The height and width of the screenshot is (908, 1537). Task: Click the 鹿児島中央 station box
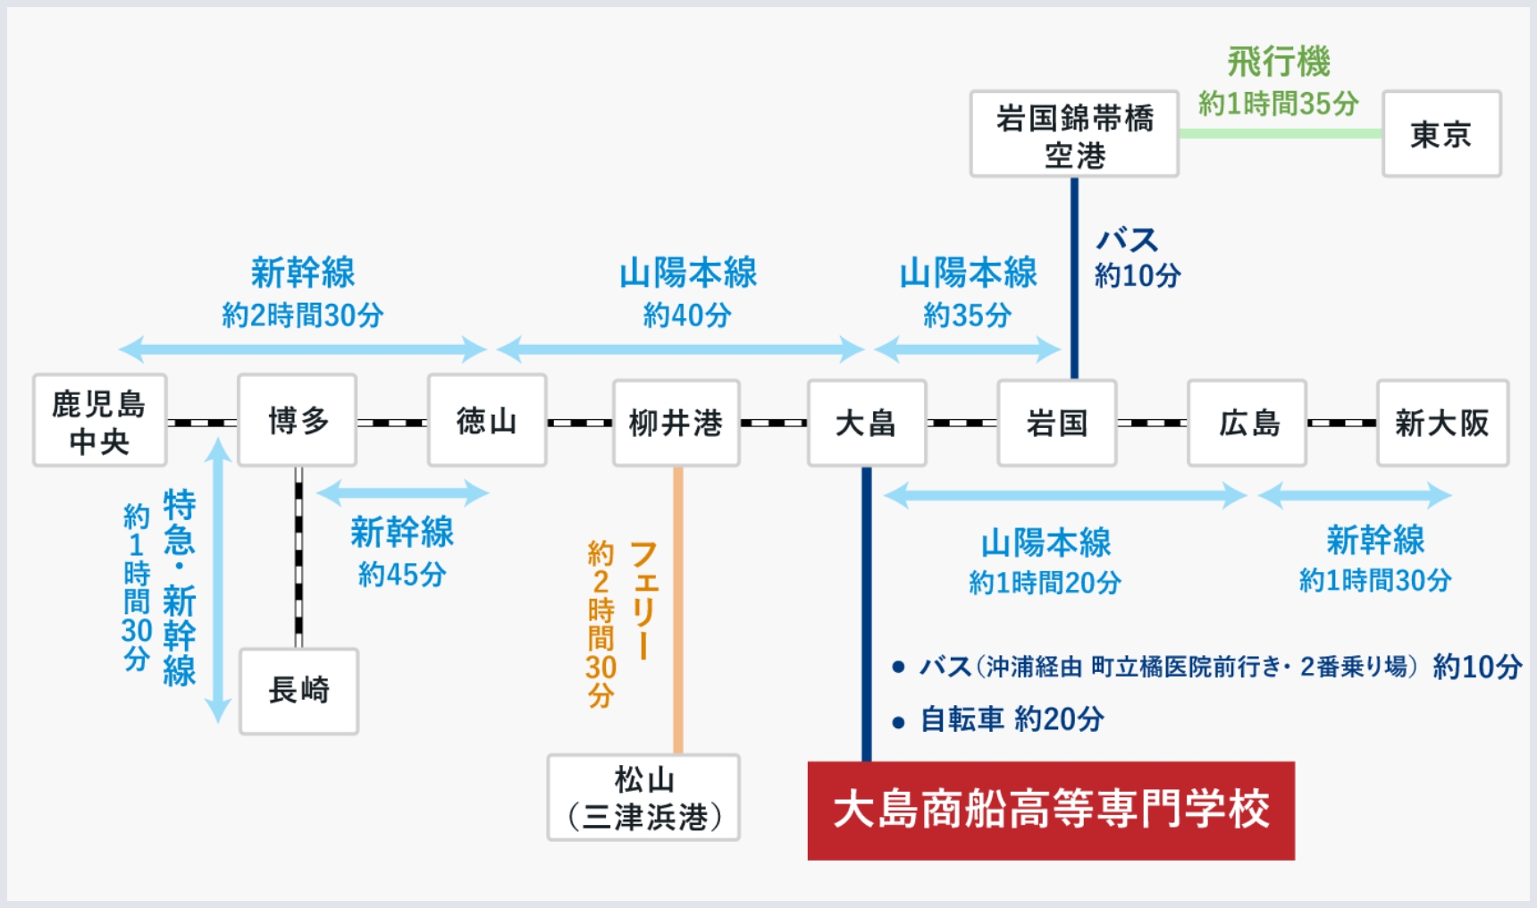point(99,421)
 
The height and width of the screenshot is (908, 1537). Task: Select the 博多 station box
point(298,421)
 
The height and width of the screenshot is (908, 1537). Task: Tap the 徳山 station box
point(487,421)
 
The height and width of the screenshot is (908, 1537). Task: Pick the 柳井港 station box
point(676,423)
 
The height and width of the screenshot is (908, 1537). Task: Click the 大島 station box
point(866,423)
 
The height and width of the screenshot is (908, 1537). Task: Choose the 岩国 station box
point(1057,423)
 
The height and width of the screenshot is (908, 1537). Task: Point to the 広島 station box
point(1247,423)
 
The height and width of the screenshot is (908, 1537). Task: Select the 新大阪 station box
point(1442,423)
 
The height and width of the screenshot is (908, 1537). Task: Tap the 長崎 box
point(299,691)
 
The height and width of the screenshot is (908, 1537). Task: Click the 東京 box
point(1440,134)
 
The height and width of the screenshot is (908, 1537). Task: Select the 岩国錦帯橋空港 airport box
point(1074,134)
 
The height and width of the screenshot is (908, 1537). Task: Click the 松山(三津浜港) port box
point(643,797)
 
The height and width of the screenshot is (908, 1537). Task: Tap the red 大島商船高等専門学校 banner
point(1051,811)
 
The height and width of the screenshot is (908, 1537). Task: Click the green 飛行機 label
point(1279,63)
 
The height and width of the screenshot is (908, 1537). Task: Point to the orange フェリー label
point(644,599)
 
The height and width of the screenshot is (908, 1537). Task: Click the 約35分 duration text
point(968,315)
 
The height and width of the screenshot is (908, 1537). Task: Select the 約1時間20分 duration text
point(1045,583)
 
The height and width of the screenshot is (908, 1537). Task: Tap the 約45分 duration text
point(402,574)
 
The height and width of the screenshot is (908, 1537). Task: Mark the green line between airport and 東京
point(1280,133)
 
